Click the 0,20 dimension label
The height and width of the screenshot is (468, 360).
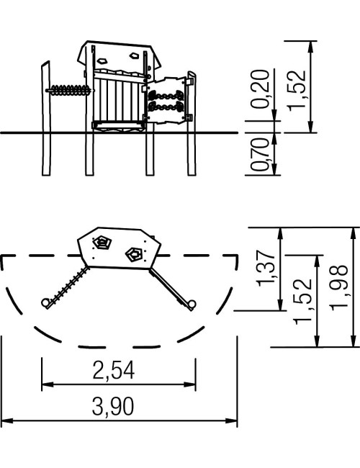point(260,89)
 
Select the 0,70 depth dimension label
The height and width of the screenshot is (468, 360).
point(260,154)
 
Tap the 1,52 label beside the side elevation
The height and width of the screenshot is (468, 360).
point(297,91)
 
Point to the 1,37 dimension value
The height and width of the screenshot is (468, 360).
point(266,269)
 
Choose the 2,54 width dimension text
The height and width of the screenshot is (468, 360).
point(114,370)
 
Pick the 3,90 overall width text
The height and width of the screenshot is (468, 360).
point(113,406)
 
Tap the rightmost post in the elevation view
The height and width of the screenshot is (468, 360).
point(192,123)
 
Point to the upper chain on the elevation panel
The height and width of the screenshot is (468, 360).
point(166,96)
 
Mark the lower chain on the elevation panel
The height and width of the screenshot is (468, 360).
point(166,107)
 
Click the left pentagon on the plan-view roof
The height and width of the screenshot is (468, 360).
point(102,243)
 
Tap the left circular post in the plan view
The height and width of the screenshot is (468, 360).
point(45,303)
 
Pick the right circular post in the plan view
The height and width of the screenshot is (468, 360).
point(192,305)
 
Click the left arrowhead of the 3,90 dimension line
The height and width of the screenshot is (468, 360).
point(7,420)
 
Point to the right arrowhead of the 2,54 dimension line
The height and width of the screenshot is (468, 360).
point(189,384)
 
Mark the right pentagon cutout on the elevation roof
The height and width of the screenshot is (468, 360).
point(135,55)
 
